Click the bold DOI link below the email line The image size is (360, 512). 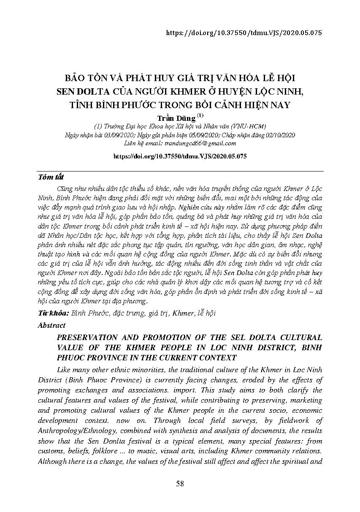180,156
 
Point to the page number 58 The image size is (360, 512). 180,484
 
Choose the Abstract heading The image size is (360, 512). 51,325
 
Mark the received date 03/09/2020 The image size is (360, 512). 111,135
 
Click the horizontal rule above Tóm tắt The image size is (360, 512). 180,171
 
